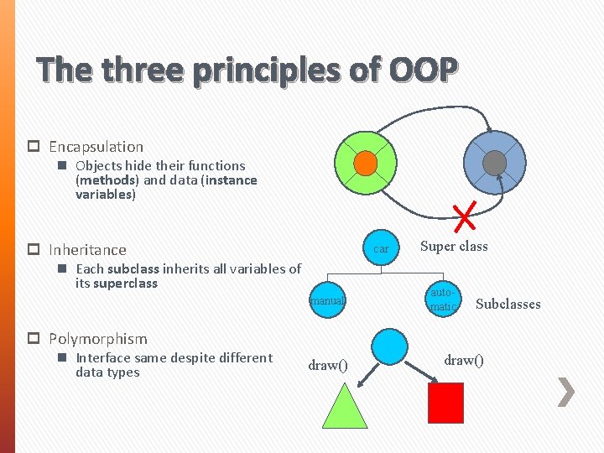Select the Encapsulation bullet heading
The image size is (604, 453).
coord(96,147)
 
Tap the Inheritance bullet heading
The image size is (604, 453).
coord(87,250)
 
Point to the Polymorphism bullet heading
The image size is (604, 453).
coord(97,339)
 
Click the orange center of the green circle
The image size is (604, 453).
coord(365,163)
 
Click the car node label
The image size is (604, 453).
coord(381,249)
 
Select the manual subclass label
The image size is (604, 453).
coord(327,299)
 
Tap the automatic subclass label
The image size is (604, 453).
coord(442,299)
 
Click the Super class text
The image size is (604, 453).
coord(454,246)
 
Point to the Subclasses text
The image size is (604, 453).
coord(508,304)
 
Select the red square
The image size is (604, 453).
coord(445,403)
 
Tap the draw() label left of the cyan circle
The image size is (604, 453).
coord(328,365)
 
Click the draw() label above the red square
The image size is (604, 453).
coord(464,360)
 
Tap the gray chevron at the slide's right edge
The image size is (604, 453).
coord(566,392)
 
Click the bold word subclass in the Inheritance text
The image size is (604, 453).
coord(134,269)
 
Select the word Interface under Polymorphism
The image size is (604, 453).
coord(104,358)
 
